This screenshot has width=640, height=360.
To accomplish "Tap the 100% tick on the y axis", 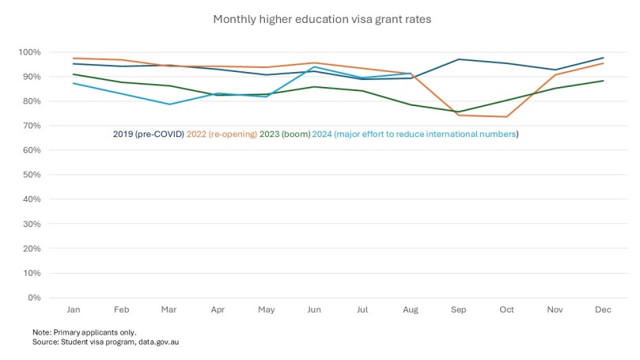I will click(30, 52).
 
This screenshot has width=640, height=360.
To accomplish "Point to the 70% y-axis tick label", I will click(32, 126).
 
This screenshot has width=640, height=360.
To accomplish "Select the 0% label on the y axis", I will click(34, 297).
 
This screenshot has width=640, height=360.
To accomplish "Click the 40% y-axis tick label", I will click(32, 199).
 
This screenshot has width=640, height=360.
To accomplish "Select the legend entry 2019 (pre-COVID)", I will click(148, 135).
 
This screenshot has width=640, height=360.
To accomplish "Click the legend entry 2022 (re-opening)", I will click(222, 135).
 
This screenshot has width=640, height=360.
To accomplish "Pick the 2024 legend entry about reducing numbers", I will click(416, 135).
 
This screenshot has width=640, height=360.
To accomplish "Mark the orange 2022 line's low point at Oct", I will click(506, 117).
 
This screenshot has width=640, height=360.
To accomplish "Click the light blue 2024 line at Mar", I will click(169, 104).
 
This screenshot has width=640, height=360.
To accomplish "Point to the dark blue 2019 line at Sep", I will click(458, 59).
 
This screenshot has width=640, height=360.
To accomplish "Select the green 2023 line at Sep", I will click(458, 112).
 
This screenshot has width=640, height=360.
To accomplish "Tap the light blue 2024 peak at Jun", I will click(314, 67).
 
